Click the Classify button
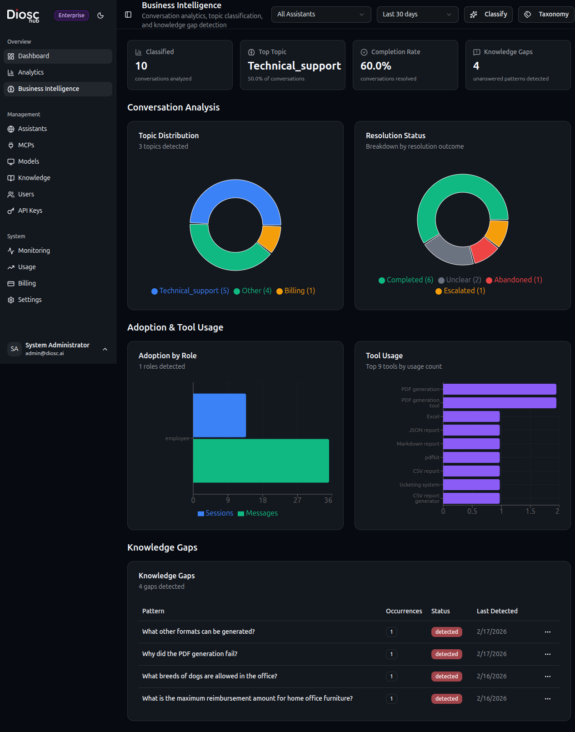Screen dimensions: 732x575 tap(488, 14)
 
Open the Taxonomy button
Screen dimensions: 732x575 tap(546, 14)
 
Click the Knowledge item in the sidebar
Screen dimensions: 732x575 tap(34, 178)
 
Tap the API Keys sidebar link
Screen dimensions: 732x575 tap(30, 211)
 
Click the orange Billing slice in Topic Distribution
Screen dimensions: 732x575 tap(270, 238)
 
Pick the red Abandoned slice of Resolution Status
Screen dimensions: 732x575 tap(483, 250)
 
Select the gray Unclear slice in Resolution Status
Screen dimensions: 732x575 tap(448, 251)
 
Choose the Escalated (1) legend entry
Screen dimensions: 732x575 tap(460, 291)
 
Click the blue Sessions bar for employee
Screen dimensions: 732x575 tap(219, 415)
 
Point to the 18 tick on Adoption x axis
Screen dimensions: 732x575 tap(263, 500)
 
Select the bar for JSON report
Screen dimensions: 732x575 tap(471, 430)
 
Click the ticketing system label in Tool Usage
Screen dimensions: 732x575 tap(419, 485)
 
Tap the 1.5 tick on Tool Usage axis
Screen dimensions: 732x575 tap(530, 511)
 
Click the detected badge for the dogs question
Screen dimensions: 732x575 tap(446, 677)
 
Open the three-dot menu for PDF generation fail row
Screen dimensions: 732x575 tap(547, 654)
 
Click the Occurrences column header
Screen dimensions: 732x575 tap(404, 611)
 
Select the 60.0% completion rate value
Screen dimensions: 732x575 tap(375, 66)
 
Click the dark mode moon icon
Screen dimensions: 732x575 tap(100, 15)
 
